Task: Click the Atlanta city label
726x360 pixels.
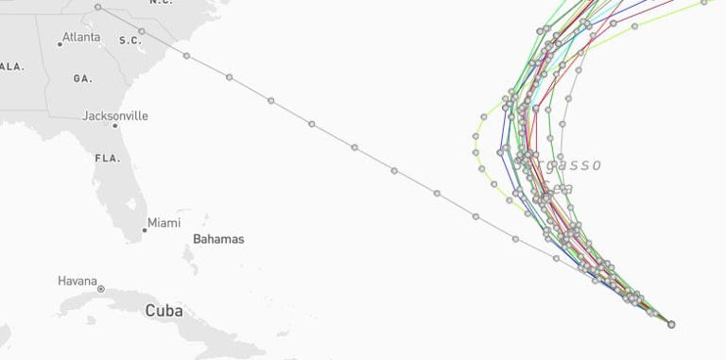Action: [x=81, y=38]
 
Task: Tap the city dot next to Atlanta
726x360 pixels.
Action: [x=59, y=44]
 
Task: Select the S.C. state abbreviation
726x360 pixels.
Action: [x=130, y=41]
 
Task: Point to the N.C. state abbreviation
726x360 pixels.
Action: [x=160, y=3]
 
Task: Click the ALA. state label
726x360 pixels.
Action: [x=11, y=67]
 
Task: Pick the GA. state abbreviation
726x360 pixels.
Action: [x=82, y=79]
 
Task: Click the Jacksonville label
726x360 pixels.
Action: [x=115, y=116]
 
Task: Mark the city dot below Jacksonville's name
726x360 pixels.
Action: [x=115, y=126]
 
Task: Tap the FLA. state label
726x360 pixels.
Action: [x=107, y=159]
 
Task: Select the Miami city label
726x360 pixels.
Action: [x=164, y=223]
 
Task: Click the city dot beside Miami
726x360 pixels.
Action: [x=144, y=229]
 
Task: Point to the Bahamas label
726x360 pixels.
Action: [x=218, y=239]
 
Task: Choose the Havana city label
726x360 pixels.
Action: [x=77, y=281]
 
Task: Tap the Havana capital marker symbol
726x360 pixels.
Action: [x=101, y=288]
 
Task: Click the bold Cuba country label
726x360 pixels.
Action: [x=164, y=311]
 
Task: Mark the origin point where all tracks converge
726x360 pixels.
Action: [x=671, y=324]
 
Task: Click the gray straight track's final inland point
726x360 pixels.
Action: [x=98, y=8]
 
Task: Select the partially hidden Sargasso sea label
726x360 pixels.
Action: [x=573, y=165]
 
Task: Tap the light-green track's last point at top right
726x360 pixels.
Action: [x=704, y=3]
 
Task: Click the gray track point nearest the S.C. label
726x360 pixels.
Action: [x=142, y=32]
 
